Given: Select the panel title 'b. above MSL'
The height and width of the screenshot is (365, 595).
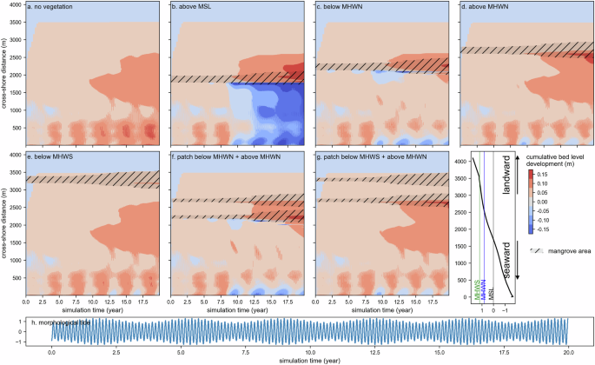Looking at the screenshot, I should (196, 8).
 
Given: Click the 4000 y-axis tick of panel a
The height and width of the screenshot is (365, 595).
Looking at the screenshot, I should (17, 5).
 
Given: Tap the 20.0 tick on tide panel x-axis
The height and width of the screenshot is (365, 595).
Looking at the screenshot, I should (566, 353).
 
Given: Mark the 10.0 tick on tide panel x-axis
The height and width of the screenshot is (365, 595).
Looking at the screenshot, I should (309, 353).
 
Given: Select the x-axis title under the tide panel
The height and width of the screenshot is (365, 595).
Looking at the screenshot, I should (309, 361).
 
